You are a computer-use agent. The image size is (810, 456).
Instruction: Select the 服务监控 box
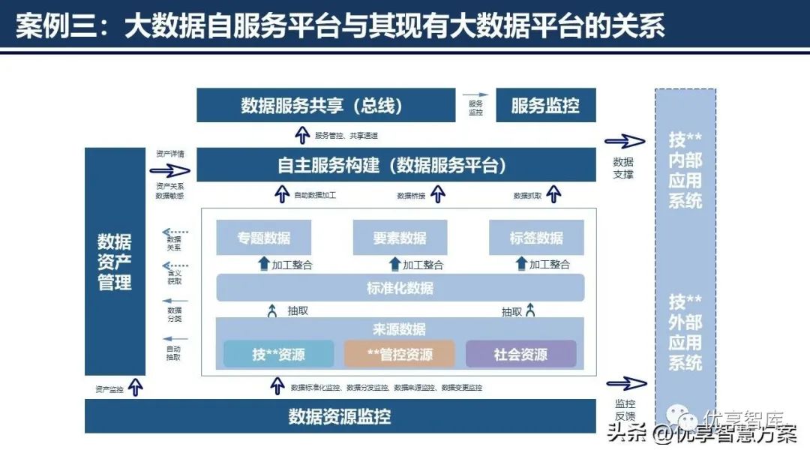pos(545,105)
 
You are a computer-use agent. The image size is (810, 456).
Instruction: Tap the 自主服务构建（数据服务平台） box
pos(392,165)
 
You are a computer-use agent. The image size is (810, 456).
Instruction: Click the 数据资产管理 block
pos(114,262)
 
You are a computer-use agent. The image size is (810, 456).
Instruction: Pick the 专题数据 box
pos(263,238)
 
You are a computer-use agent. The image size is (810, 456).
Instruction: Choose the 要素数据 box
pos(400,238)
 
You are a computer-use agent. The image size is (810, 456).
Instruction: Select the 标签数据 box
pos(536,238)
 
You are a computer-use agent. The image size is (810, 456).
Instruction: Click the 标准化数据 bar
pos(400,288)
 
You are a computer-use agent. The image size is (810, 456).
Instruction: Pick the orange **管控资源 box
pos(399,354)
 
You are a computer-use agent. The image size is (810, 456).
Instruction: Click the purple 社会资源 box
pos(520,354)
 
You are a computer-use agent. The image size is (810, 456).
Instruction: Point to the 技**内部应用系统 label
pos(685,170)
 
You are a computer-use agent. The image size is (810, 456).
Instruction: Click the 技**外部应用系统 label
pos(685,332)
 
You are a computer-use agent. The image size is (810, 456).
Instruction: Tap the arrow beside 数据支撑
pos(625,142)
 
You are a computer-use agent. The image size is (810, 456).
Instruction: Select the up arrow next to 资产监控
pos(136,387)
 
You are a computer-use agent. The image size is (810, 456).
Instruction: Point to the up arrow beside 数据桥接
pos(438,195)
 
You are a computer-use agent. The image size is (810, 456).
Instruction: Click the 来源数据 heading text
pos(399,329)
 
